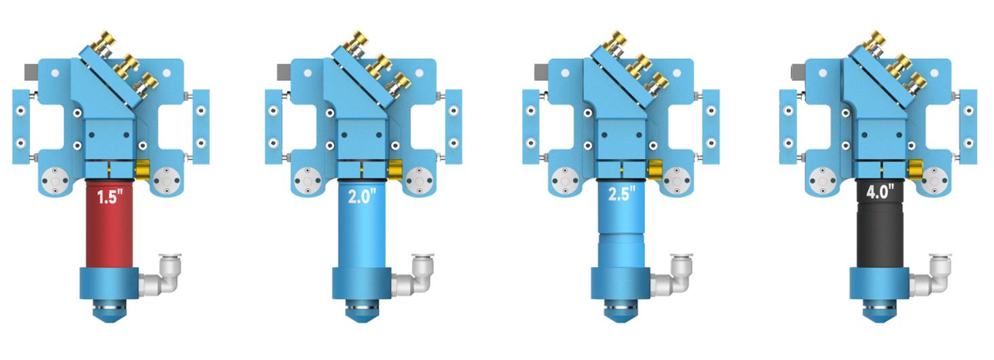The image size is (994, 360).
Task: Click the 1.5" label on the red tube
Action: pyautogui.click(x=109, y=196)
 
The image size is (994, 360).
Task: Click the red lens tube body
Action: pyautogui.click(x=109, y=224)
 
